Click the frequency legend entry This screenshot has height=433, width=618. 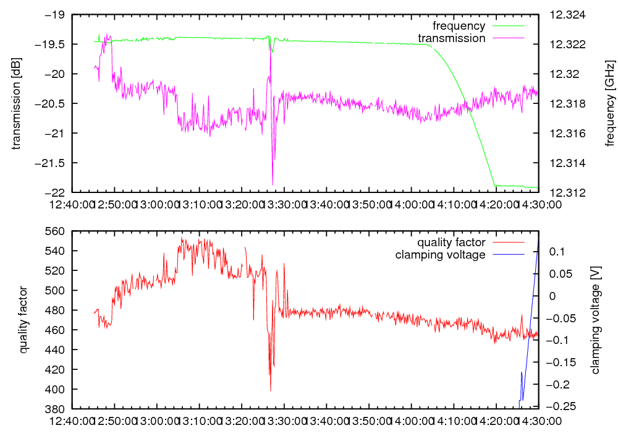click(x=459, y=26)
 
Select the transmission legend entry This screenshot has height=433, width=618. click(x=451, y=38)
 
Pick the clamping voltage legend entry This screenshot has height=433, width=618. click(x=440, y=254)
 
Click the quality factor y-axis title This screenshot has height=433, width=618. click(x=23, y=320)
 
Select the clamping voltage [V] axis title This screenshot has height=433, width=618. click(x=596, y=320)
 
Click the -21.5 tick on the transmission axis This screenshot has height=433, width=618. click(x=56, y=163)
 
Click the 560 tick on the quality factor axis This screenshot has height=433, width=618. click(x=56, y=231)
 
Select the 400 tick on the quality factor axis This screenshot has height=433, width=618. click(x=56, y=389)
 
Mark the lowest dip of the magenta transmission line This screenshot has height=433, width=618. click(x=273, y=184)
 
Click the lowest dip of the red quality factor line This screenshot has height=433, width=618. click(x=270, y=390)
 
